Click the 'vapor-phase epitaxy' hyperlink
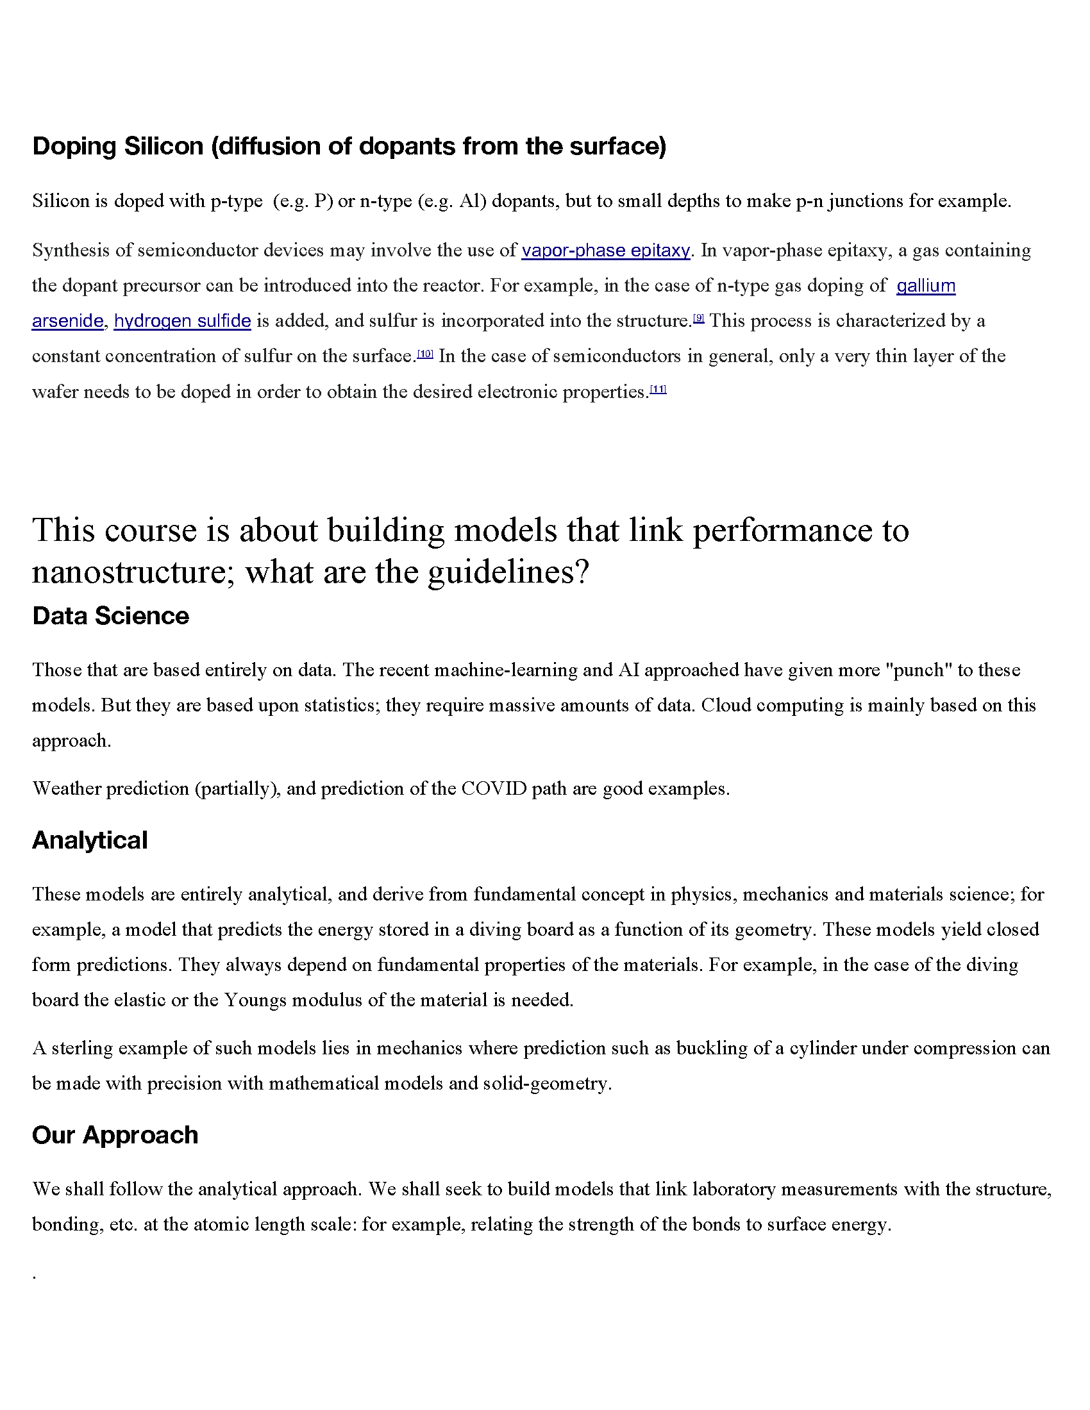pyautogui.click(x=606, y=251)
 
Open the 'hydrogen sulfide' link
pyautogui.click(x=182, y=321)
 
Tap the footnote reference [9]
pyautogui.click(x=698, y=318)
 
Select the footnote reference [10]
pyautogui.click(x=425, y=353)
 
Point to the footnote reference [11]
pyautogui.click(x=658, y=388)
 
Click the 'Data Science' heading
pyautogui.click(x=110, y=616)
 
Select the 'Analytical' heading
pyautogui.click(x=90, y=841)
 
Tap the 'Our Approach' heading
pyautogui.click(x=115, y=1135)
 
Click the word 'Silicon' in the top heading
pyautogui.click(x=163, y=147)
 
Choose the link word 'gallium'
pyautogui.click(x=925, y=285)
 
